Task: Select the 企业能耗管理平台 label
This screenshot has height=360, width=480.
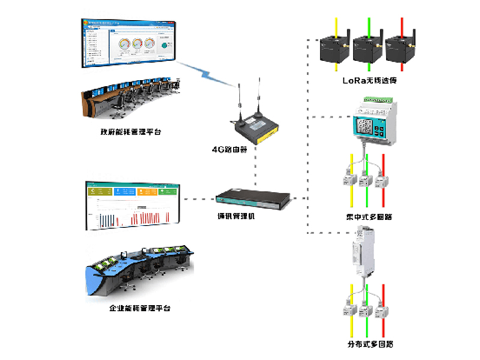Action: pyautogui.click(x=139, y=308)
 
